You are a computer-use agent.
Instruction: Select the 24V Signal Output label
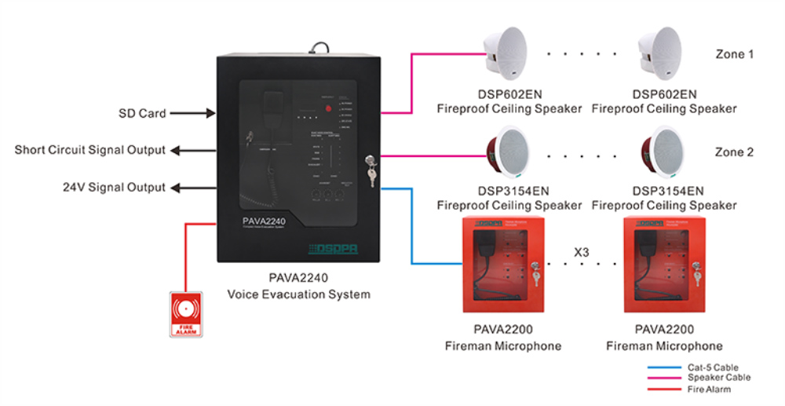(114, 188)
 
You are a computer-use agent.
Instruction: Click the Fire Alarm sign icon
(186, 314)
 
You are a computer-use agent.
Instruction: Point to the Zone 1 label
(734, 55)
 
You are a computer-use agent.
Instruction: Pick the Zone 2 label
(734, 152)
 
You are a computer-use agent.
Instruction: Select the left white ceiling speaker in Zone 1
(509, 55)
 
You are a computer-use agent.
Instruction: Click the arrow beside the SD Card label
(193, 114)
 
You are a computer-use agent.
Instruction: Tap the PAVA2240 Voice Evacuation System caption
(298, 287)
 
